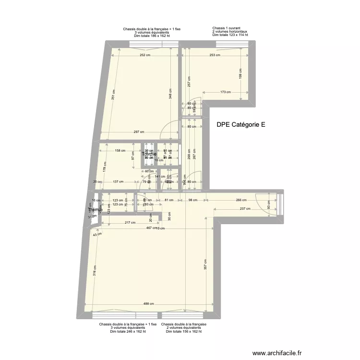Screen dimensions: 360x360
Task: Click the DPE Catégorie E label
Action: [x=241, y=124]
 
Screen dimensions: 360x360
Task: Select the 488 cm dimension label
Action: [x=149, y=304]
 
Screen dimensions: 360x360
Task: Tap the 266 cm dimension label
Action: [x=241, y=201]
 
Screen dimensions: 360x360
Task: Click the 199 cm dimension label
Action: [x=241, y=73]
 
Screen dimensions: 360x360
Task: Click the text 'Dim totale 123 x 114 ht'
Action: [x=230, y=35]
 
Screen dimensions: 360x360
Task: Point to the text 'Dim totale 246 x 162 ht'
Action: [x=128, y=332]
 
